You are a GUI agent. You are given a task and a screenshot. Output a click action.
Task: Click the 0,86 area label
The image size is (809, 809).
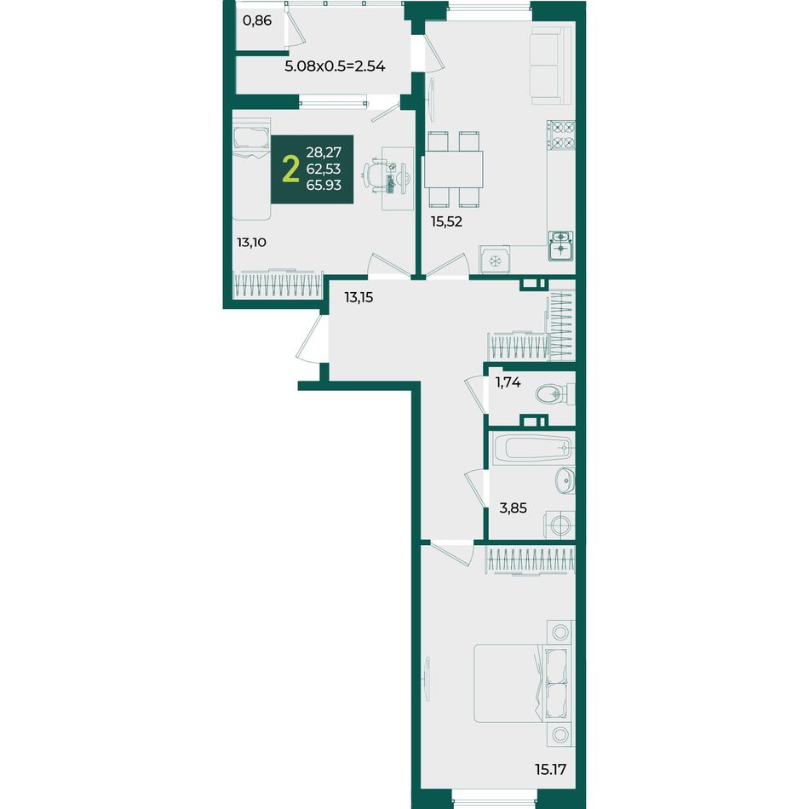click(257, 21)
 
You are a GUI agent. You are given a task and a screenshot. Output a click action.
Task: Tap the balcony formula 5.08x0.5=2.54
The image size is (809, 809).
click(335, 66)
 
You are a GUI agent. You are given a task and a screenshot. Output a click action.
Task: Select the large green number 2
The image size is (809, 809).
click(291, 169)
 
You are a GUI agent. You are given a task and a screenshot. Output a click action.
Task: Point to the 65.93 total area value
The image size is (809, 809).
click(324, 185)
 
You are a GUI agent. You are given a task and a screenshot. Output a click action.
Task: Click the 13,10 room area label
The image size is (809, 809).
click(251, 242)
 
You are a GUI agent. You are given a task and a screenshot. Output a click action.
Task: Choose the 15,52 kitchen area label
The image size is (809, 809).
click(446, 221)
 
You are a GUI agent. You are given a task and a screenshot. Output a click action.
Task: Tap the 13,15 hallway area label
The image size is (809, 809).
click(359, 297)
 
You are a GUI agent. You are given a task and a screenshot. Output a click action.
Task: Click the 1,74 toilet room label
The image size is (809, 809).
click(508, 382)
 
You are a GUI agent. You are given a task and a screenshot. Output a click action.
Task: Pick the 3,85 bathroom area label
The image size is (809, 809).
click(513, 508)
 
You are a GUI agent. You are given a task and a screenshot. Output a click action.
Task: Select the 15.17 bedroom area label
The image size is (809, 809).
click(550, 770)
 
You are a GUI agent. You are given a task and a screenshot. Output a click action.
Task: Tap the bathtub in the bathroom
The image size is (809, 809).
click(531, 448)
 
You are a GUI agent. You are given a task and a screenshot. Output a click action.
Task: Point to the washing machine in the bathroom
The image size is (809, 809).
click(559, 525)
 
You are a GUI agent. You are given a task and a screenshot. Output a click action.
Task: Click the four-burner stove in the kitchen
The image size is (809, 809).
click(561, 135)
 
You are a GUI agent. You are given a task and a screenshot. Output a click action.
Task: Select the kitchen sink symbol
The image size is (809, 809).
click(561, 245)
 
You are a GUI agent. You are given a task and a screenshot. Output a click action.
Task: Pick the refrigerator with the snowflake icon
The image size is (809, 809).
click(495, 260)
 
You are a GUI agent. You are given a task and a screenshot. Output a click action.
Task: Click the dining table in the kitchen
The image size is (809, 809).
click(454, 169)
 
